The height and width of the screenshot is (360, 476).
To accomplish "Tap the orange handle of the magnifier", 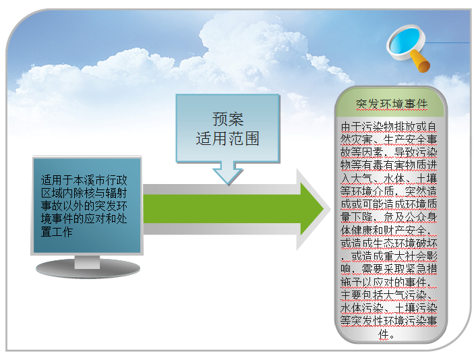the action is point(421,62).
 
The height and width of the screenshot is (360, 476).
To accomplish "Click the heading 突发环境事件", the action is point(392,104).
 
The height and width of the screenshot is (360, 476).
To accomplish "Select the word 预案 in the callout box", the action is point(228,119).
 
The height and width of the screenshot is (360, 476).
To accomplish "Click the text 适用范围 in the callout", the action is point(228,139).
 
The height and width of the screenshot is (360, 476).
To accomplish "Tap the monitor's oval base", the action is point(88,268).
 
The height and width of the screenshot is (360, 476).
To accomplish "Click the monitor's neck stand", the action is point(87,262).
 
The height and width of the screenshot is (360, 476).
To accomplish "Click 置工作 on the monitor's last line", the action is point(57,232).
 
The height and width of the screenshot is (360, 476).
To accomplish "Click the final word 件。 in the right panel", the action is point(386,334).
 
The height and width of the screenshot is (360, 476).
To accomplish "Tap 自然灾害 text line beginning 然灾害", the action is point(388,140).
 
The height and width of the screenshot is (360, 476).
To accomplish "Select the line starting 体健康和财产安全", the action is point(386,230).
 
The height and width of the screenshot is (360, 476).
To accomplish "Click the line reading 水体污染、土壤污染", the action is point(388,308).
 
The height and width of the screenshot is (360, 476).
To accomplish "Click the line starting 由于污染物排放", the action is point(388,126).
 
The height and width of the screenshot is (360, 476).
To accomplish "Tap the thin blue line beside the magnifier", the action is point(447,42).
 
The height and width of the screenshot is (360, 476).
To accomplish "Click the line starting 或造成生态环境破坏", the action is point(388,243).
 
